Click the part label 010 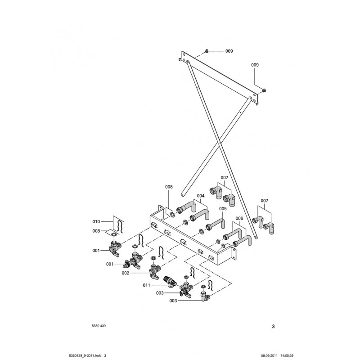tap(96, 221)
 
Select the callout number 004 tap(200, 196)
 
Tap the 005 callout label tap(223, 209)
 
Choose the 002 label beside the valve tap(126, 273)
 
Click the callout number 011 tap(146, 284)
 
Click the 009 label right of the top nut tap(229, 51)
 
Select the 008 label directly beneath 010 tap(96, 231)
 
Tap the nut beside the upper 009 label tap(206, 50)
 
